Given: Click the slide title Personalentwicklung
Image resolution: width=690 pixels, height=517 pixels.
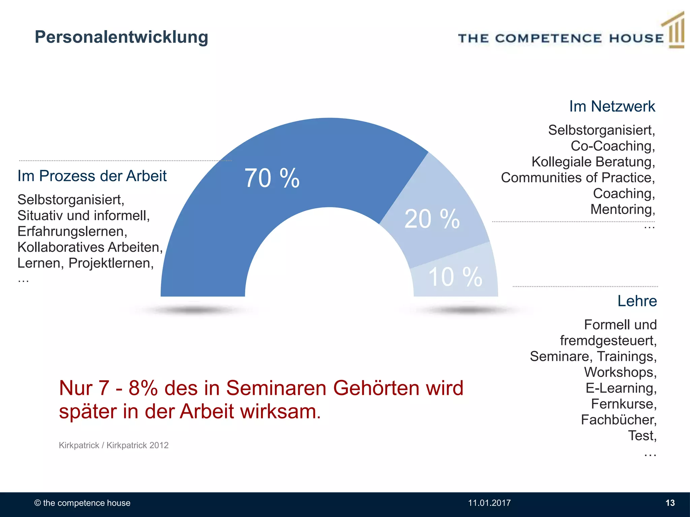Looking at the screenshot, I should tap(121, 37).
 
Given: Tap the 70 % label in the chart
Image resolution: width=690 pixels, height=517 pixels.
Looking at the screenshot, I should tap(272, 178).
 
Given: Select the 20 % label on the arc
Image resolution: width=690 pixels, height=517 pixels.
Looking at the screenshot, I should tap(432, 219).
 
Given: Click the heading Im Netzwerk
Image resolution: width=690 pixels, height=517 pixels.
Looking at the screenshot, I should tap(612, 106).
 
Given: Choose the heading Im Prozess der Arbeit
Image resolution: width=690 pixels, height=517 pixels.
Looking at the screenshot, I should tap(92, 176).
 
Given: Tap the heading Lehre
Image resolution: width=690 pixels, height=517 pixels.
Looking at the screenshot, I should tap(637, 301).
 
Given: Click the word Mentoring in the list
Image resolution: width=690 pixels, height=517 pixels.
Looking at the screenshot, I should tap(622, 209).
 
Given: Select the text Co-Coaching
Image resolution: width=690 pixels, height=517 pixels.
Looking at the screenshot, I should tap(612, 146).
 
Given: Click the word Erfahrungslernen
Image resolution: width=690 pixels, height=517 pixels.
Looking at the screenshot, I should tap(71, 232).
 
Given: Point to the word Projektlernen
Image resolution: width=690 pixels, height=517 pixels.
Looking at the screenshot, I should tap(110, 263).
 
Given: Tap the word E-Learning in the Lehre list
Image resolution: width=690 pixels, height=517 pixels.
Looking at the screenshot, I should tap(620, 388).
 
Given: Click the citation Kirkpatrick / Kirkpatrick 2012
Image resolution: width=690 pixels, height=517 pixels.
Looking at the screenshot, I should tap(114, 445).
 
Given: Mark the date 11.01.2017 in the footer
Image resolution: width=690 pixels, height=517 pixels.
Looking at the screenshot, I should tap(489, 503).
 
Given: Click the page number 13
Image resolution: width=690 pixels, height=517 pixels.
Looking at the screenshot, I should tap(670, 503).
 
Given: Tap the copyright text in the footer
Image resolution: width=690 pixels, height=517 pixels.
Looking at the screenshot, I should tap(82, 503).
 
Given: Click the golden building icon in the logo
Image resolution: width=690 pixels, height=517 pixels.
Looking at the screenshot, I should tap(675, 32).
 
